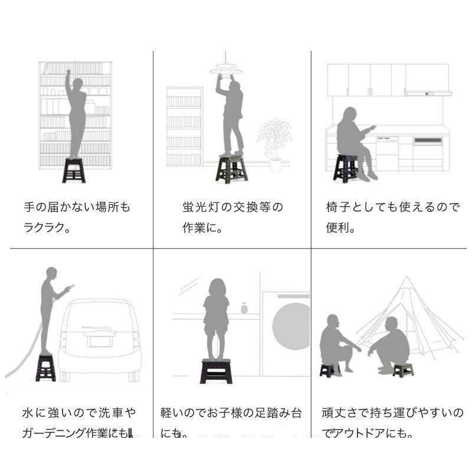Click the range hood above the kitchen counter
pos(428,93)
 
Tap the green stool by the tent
pos(404,370)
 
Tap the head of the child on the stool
pos(216,288)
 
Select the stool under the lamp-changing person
pos(232,168)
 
